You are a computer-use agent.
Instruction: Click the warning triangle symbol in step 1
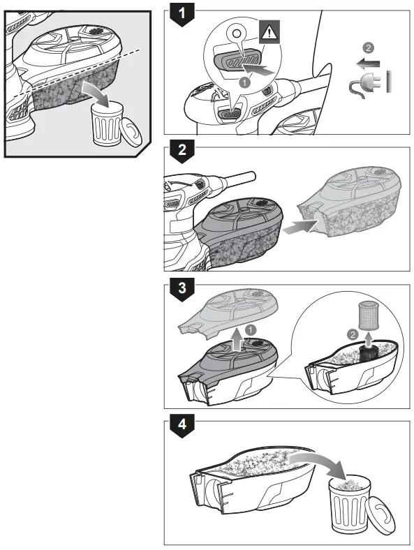(x=268, y=30)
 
